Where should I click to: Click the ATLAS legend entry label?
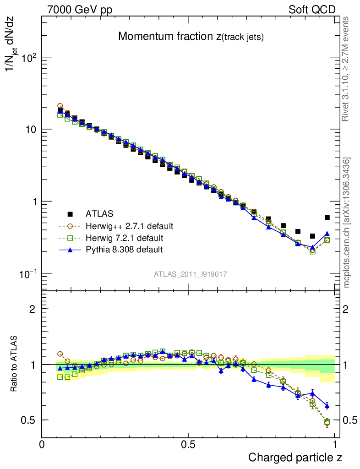tap(99, 214)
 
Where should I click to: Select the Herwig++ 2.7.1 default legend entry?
tap(129, 226)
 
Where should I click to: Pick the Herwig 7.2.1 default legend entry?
tap(124, 238)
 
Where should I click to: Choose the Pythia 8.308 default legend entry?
tap(124, 250)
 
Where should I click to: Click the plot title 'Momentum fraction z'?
tap(191, 37)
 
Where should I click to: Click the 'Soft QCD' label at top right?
tap(312, 10)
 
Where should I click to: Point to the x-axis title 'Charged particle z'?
tap(295, 457)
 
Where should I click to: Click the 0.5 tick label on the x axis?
tap(188, 445)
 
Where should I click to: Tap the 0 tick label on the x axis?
tap(42, 445)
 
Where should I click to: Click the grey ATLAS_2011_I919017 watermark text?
tap(191, 274)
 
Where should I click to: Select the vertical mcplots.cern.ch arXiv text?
tap(348, 223)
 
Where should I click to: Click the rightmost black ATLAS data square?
tap(327, 218)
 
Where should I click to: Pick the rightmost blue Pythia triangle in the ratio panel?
tap(327, 406)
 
